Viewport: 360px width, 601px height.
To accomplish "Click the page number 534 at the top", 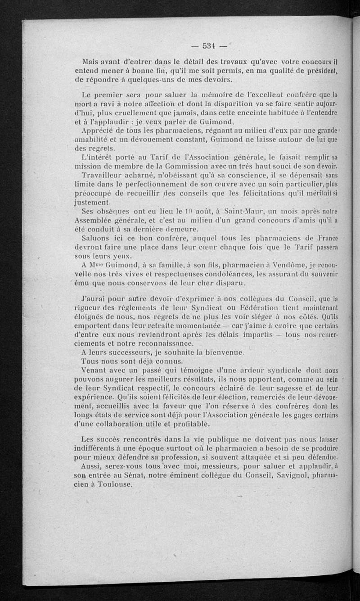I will pos(209,45).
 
